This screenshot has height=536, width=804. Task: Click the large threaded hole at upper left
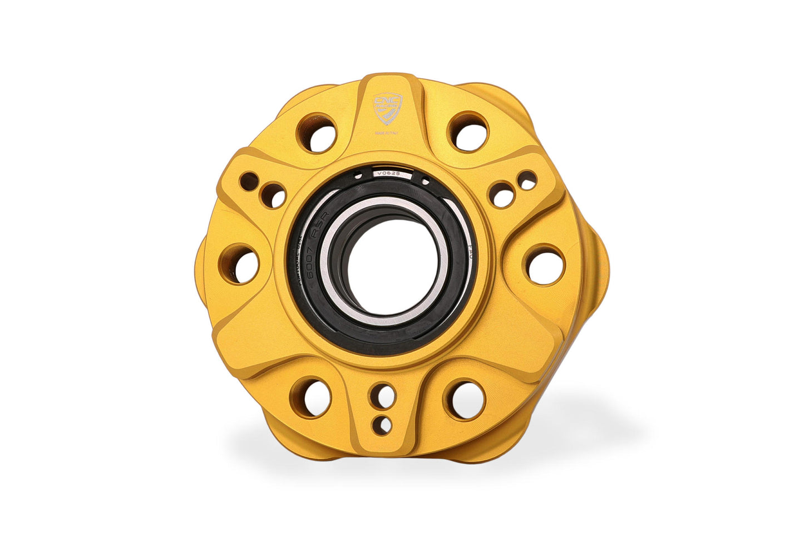coord(317,132)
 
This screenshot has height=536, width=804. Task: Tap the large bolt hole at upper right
coord(467,132)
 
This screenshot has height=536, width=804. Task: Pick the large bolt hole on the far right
coord(543,264)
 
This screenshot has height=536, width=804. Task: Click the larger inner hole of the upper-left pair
coord(273,195)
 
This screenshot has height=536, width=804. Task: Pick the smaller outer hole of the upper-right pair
coord(526,180)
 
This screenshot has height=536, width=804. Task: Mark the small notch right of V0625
coord(425,180)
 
